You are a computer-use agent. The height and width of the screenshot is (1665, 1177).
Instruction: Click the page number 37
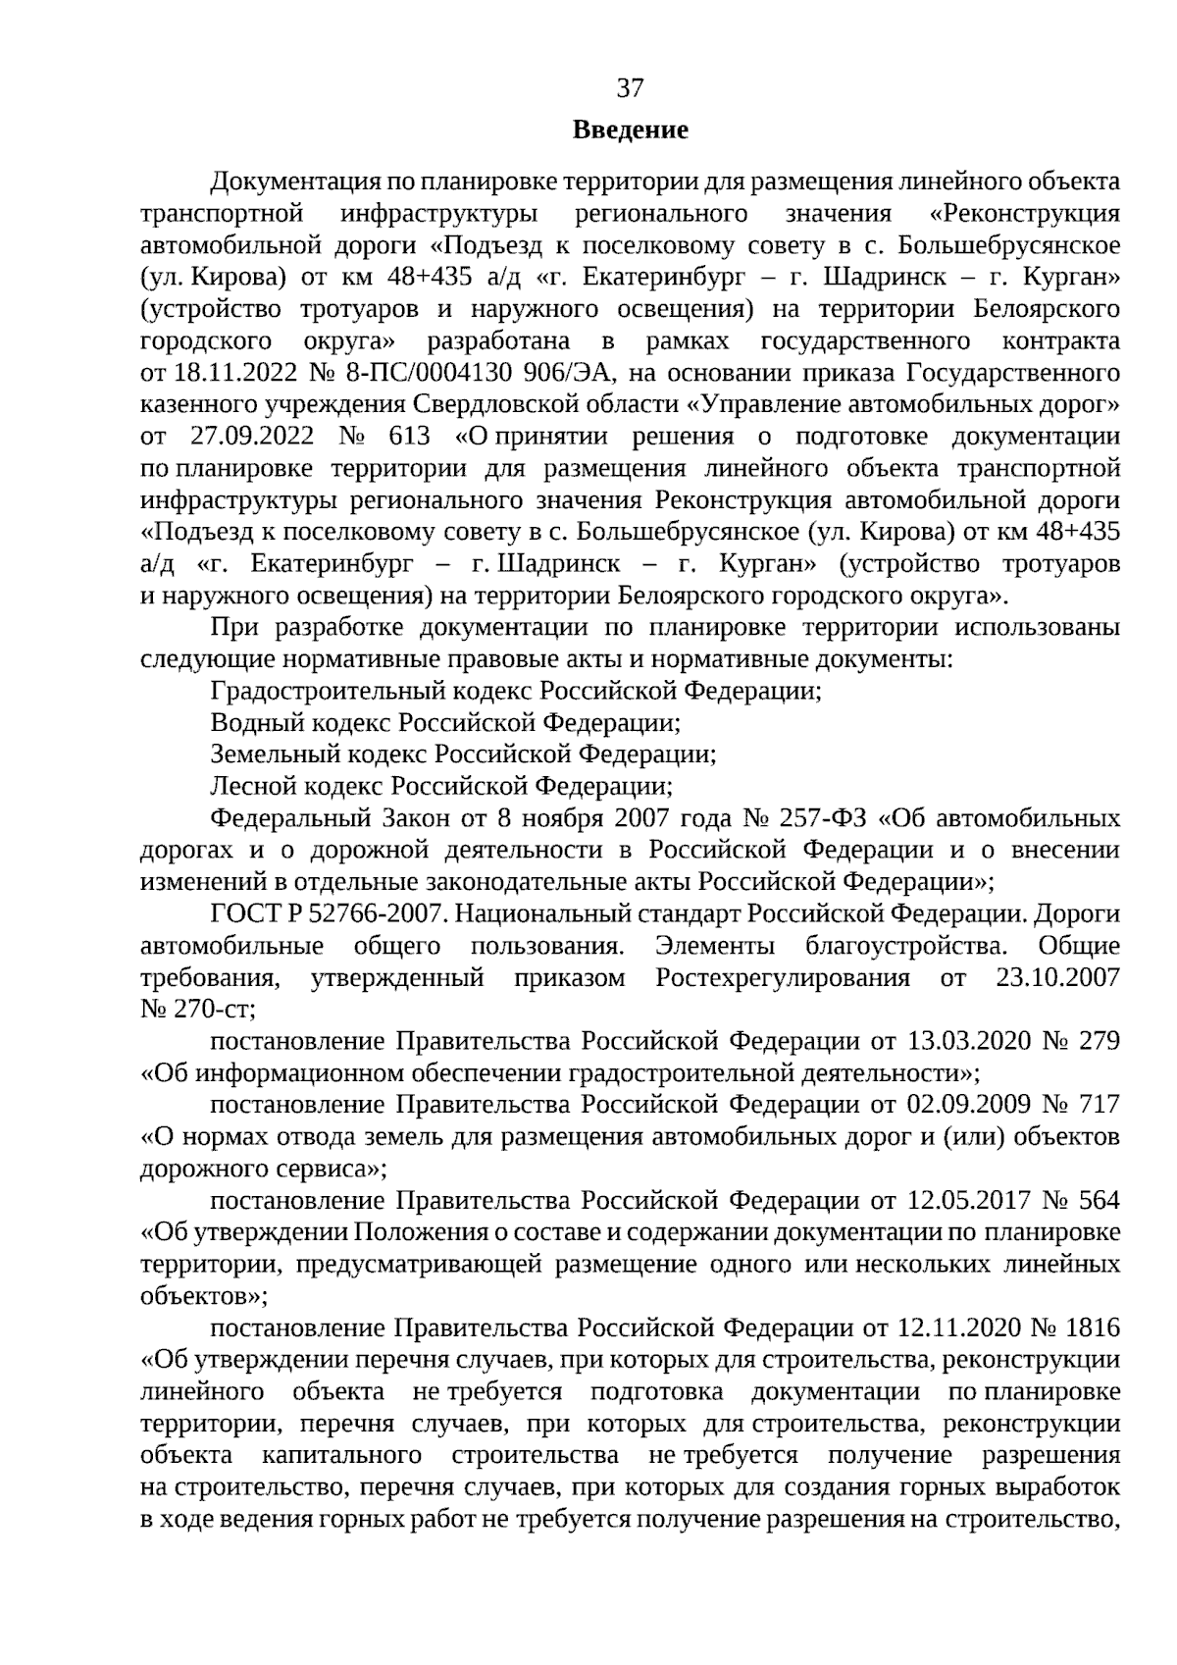click(630, 89)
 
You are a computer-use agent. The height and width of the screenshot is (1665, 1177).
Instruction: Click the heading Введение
click(630, 130)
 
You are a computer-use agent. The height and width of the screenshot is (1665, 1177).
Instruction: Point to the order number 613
click(408, 437)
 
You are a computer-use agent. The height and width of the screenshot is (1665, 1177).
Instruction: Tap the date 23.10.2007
click(1057, 978)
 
